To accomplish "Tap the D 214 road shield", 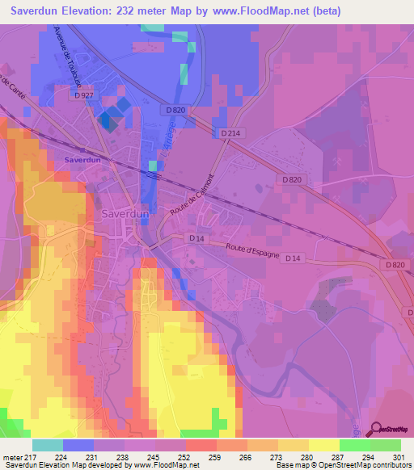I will (230, 133).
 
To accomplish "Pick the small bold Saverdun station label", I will (82, 161).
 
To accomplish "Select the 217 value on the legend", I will (23, 456).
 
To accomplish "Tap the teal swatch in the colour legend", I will (48, 445).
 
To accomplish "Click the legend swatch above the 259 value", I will (200, 445).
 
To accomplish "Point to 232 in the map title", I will (139, 10).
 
